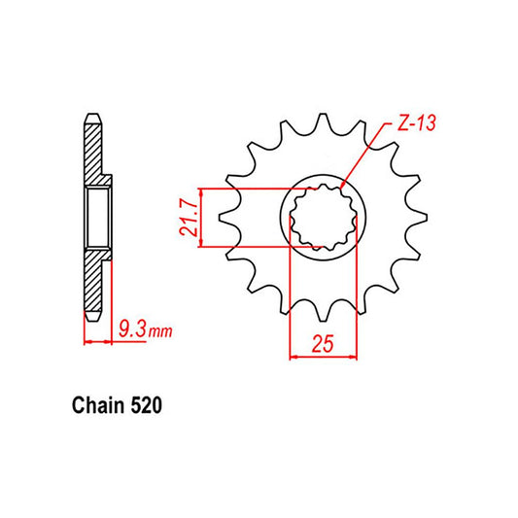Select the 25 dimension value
coord(323,344)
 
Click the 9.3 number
coord(130,331)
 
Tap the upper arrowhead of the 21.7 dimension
coord(201,192)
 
